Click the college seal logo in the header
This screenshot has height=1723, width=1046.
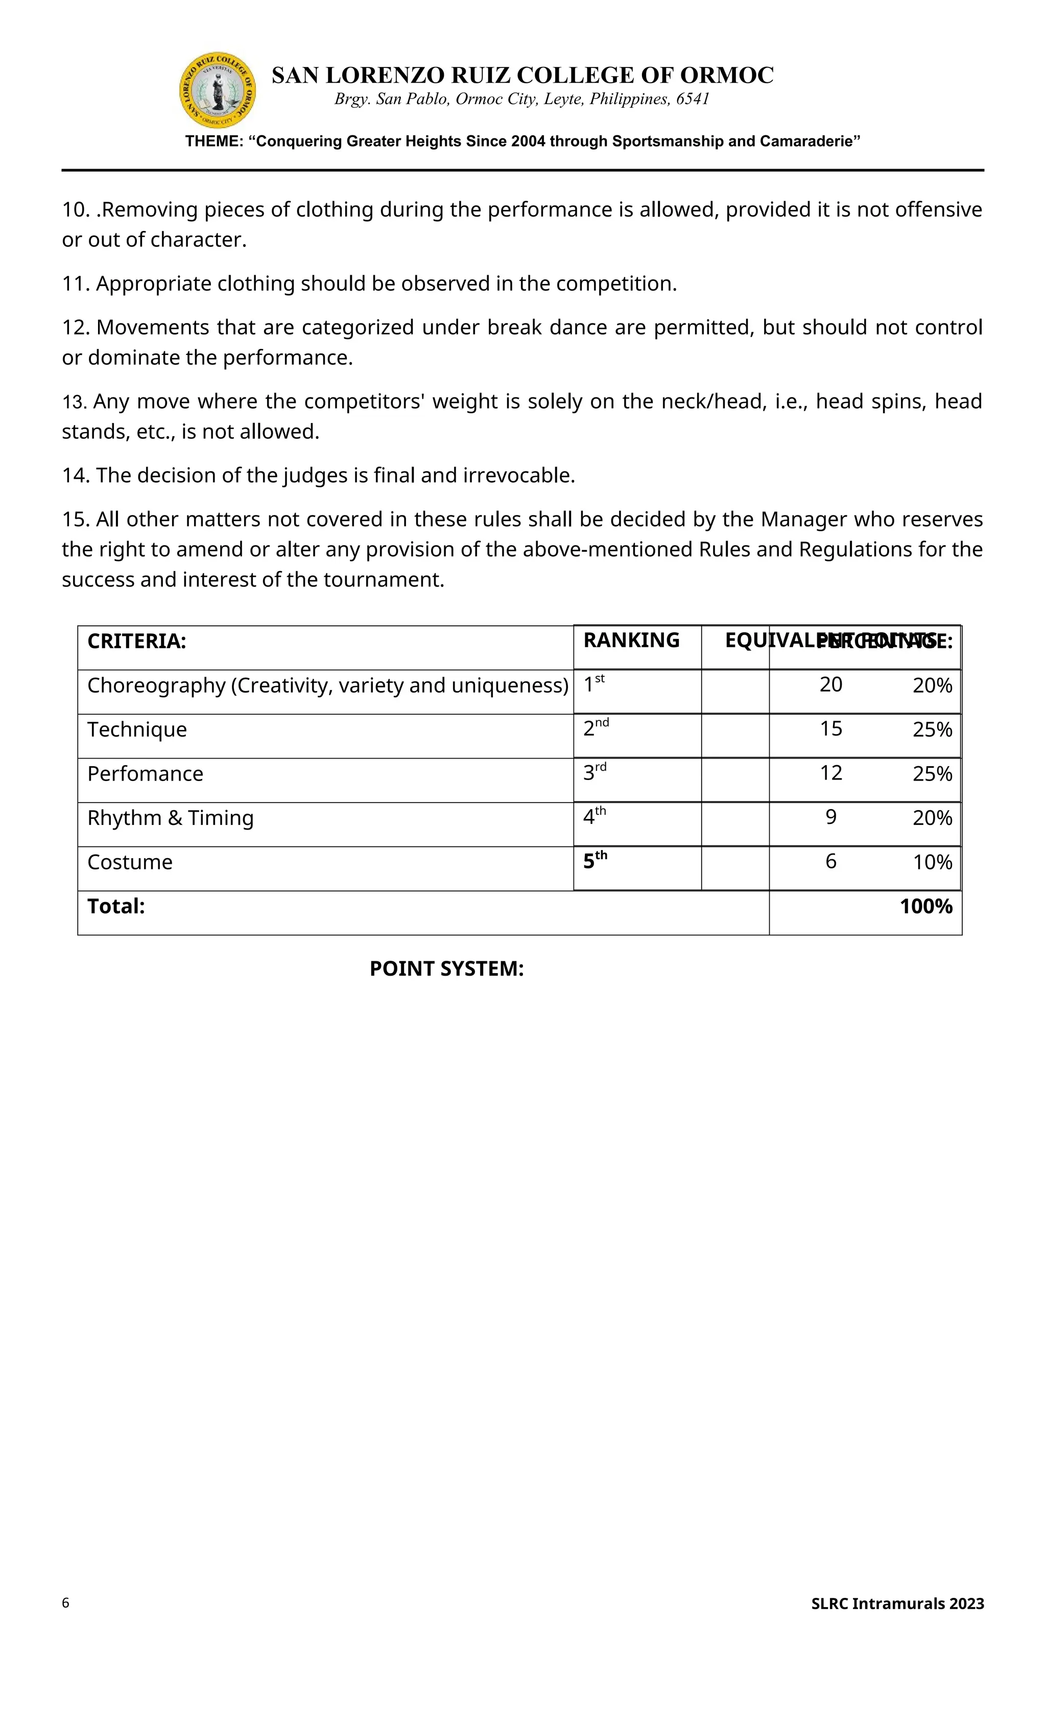click(218, 90)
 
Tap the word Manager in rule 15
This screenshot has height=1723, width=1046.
click(803, 520)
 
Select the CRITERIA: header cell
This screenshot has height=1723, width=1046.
click(137, 641)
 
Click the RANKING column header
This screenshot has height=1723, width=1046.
click(631, 641)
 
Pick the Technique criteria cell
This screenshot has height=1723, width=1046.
click(137, 730)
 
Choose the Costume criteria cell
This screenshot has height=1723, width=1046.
click(130, 862)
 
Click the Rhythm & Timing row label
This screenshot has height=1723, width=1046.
click(170, 818)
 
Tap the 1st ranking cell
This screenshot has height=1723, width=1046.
click(595, 685)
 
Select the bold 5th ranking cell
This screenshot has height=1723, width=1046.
click(595, 861)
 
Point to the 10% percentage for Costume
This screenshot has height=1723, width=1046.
click(932, 862)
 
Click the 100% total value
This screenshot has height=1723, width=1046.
click(926, 907)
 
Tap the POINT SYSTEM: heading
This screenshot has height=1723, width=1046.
click(446, 969)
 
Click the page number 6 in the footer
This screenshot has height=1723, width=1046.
click(66, 1603)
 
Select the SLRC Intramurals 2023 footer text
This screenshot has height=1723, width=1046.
click(897, 1604)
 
